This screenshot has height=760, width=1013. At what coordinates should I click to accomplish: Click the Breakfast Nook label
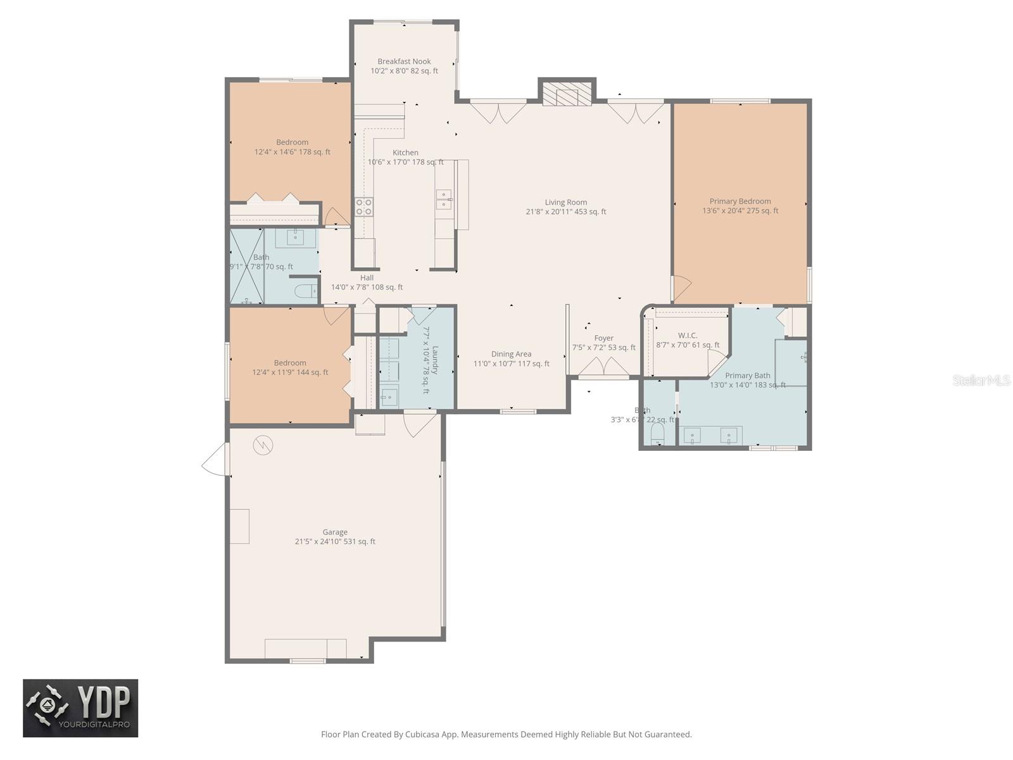404,61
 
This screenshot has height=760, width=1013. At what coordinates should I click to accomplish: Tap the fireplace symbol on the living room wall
567,95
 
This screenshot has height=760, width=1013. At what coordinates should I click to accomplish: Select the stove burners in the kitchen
363,206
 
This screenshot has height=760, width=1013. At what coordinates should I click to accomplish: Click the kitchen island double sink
444,199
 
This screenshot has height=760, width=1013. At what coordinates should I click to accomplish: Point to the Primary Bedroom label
739,201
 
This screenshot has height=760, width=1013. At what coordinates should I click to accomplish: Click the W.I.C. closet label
687,336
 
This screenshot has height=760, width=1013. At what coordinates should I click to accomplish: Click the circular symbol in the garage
262,446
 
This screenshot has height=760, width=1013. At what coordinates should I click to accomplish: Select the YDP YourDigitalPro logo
80,708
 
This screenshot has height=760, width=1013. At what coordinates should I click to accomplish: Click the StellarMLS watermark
981,380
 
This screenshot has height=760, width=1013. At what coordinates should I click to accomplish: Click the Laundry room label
435,360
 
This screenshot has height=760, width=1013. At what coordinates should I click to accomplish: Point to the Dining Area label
511,354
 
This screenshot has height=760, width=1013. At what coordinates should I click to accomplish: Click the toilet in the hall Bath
306,291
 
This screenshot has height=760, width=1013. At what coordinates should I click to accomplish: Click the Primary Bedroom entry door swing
681,289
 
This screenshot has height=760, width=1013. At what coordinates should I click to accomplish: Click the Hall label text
367,277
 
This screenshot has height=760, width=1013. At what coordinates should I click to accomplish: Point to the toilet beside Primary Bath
658,434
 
